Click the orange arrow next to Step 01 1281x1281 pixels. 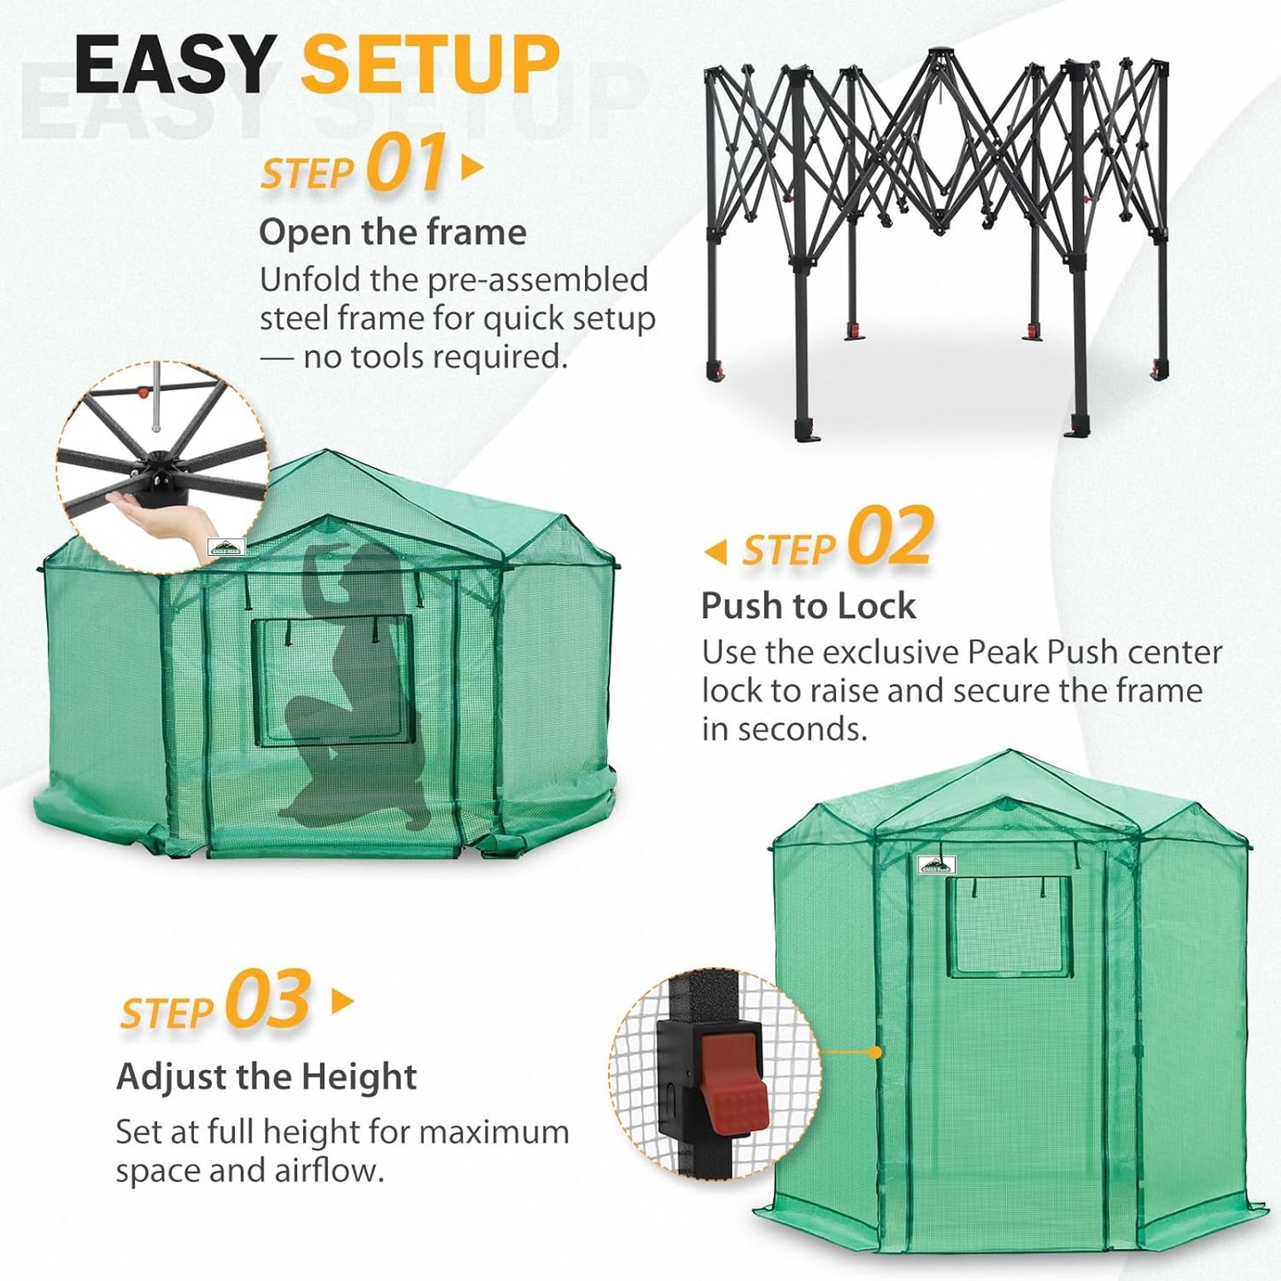473,167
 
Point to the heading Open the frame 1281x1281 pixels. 392,232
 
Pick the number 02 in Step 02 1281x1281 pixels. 889,537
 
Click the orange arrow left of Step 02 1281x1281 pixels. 715,552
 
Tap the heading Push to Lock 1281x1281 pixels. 808,606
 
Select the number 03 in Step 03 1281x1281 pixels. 267,1000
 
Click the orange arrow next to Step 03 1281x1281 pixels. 342,1002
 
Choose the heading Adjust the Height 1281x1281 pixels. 266,1077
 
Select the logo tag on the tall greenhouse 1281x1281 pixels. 936,864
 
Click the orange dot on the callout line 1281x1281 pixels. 876,1052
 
